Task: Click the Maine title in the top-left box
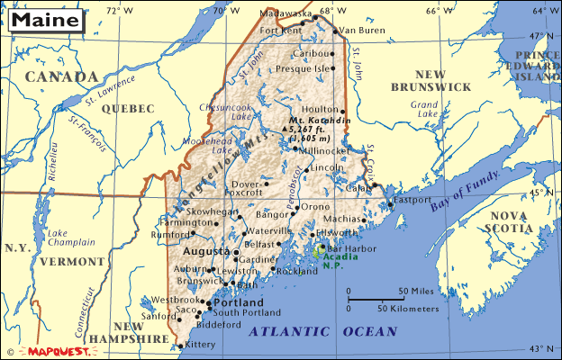[43, 19]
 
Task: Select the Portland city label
[238, 302]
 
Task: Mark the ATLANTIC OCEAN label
[322, 332]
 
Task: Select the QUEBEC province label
[129, 108]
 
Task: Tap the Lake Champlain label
[71, 237]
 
